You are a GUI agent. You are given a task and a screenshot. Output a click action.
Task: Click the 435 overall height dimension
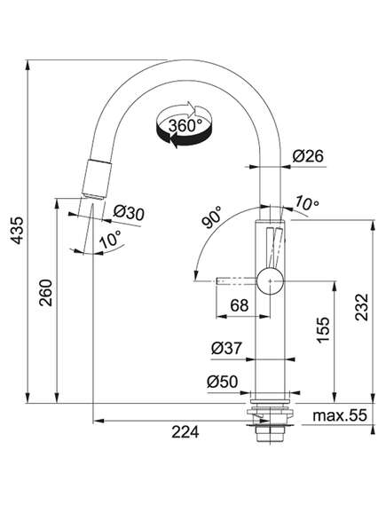pos(17,230)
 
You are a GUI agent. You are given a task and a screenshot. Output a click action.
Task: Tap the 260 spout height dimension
pos(45,293)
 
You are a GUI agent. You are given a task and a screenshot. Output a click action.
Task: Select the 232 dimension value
pos(361,306)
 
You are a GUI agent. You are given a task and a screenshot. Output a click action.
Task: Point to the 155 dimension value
pos(323,330)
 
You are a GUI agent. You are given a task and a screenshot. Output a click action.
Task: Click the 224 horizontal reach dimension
pos(185,432)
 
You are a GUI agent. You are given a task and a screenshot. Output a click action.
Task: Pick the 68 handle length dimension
pos(240,305)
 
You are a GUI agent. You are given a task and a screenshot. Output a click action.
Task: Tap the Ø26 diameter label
pos(308,156)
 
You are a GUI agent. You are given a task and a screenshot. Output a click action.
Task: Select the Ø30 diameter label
pos(129,213)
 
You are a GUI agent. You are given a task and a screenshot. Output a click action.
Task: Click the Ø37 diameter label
pos(226,348)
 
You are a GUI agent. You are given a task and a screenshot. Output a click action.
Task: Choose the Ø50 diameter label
pos(223,382)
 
